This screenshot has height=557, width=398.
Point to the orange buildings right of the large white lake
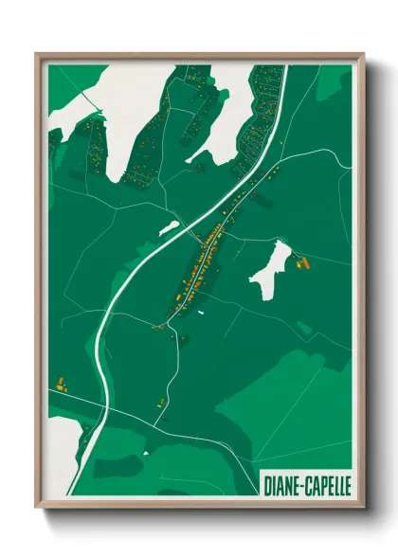[x=304, y=261]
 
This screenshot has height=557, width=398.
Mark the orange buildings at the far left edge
[x=62, y=384]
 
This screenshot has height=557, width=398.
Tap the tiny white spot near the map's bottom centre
[x=146, y=453]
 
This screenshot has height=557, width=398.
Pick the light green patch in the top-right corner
[x=334, y=82]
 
